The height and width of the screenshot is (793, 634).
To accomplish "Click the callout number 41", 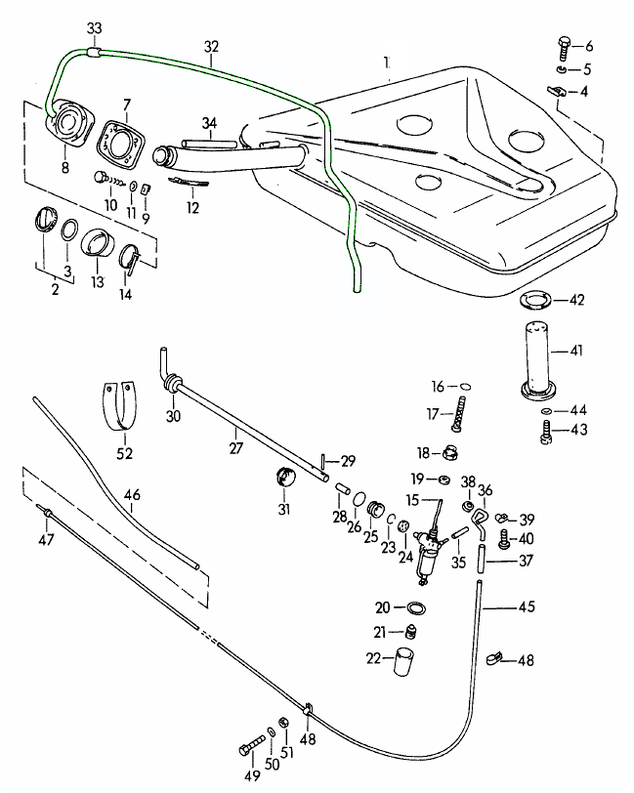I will coord(575,349).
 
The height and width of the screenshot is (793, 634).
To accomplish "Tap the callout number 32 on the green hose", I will coord(211,46).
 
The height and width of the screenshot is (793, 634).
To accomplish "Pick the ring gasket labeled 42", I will coord(533,300).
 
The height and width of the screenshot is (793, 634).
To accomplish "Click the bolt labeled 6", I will coord(564,46).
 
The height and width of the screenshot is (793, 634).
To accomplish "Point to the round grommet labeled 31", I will coord(285,479).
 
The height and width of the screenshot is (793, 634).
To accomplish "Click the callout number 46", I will coord(132,495).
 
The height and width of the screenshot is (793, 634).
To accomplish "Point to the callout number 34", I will coord(208,123).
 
